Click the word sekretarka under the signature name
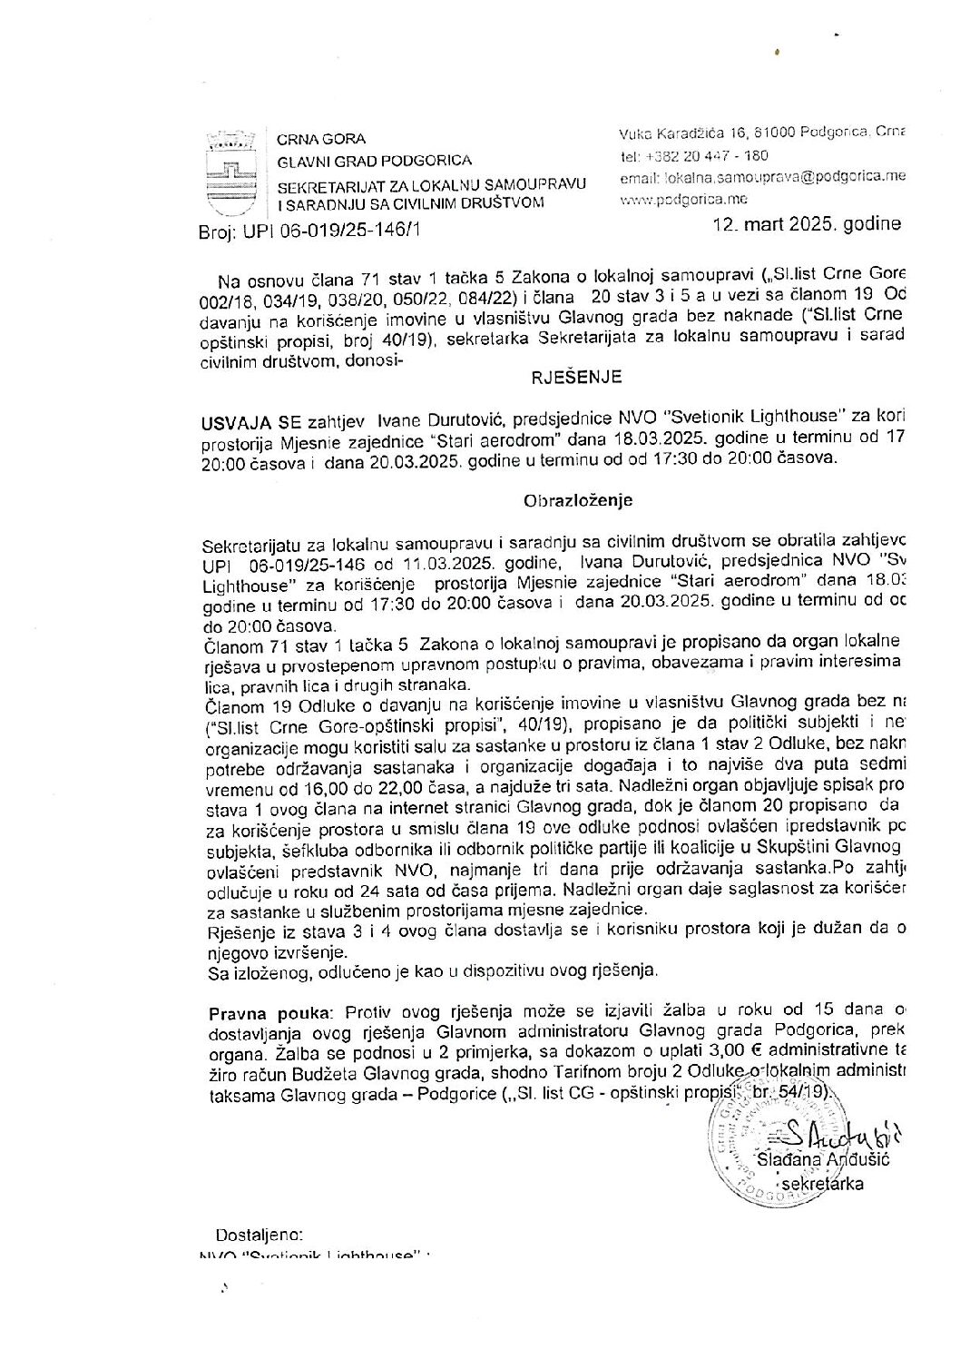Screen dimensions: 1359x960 pyautogui.click(x=822, y=1184)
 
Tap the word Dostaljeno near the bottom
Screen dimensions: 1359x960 pyautogui.click(x=257, y=1236)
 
